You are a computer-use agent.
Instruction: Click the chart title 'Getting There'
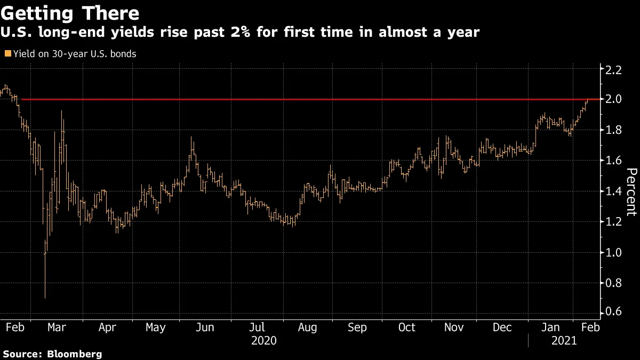pyautogui.click(x=70, y=12)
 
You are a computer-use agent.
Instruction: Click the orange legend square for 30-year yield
pyautogui.click(x=7, y=53)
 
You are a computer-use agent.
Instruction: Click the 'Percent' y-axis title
pyautogui.click(x=631, y=192)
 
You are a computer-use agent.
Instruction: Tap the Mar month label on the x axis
pyautogui.click(x=57, y=327)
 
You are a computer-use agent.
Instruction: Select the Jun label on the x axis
pyautogui.click(x=205, y=327)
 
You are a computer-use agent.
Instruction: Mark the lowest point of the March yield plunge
pyautogui.click(x=45, y=298)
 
